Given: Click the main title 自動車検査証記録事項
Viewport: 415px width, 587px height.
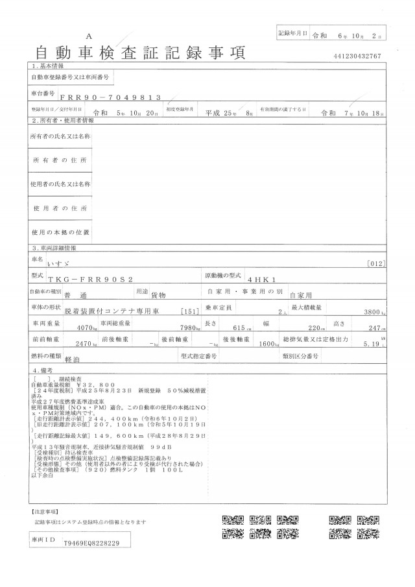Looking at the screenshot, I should (x=143, y=52).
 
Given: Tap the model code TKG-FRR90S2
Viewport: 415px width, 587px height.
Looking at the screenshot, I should (x=94, y=276).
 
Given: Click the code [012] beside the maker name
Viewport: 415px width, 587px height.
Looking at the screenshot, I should (x=394, y=263).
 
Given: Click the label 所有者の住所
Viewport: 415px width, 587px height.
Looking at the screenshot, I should (x=60, y=160).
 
